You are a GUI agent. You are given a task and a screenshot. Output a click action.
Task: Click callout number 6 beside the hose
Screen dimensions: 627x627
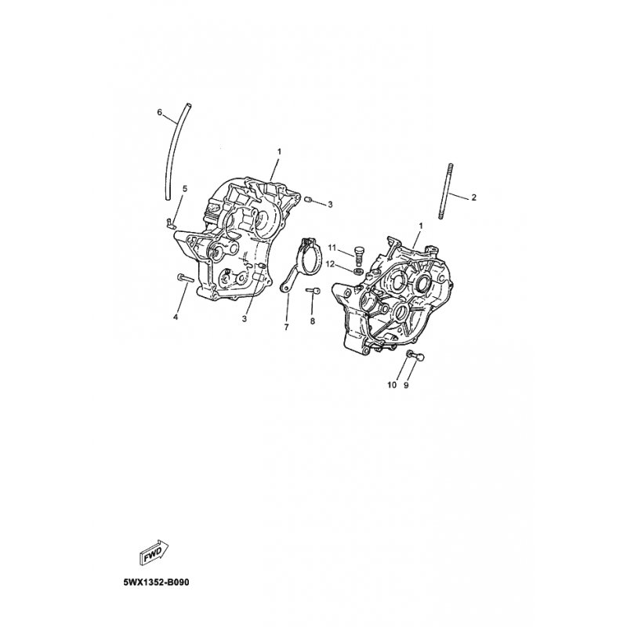click(160, 112)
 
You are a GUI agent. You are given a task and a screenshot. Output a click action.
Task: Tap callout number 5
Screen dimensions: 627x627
click(185, 188)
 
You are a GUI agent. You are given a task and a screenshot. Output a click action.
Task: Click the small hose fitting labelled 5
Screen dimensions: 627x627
click(169, 223)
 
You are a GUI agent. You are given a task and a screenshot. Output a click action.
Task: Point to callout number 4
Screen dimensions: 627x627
click(175, 317)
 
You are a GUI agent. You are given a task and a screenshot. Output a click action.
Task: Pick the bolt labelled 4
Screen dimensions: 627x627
click(184, 277)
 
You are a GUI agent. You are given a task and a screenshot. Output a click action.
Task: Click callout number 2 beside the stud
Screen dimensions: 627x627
click(474, 198)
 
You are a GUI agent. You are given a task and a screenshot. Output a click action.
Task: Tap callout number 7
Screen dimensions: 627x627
click(286, 327)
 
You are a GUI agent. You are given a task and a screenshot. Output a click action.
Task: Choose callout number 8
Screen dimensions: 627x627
click(312, 321)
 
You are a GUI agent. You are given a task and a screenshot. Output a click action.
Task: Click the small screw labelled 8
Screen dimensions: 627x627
click(312, 291)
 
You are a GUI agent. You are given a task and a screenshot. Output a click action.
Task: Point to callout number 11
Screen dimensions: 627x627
click(332, 248)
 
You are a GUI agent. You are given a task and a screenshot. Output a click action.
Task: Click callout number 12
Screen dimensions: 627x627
click(330, 264)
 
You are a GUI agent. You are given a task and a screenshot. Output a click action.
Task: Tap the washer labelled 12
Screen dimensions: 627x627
click(358, 271)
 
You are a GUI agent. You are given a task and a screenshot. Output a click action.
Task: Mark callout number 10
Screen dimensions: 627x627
click(392, 385)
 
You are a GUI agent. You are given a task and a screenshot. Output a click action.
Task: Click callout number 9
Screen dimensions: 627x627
click(406, 385)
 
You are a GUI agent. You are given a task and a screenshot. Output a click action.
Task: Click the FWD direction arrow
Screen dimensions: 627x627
click(154, 553)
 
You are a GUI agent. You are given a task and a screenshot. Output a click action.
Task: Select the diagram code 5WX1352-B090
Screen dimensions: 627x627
click(156, 582)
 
